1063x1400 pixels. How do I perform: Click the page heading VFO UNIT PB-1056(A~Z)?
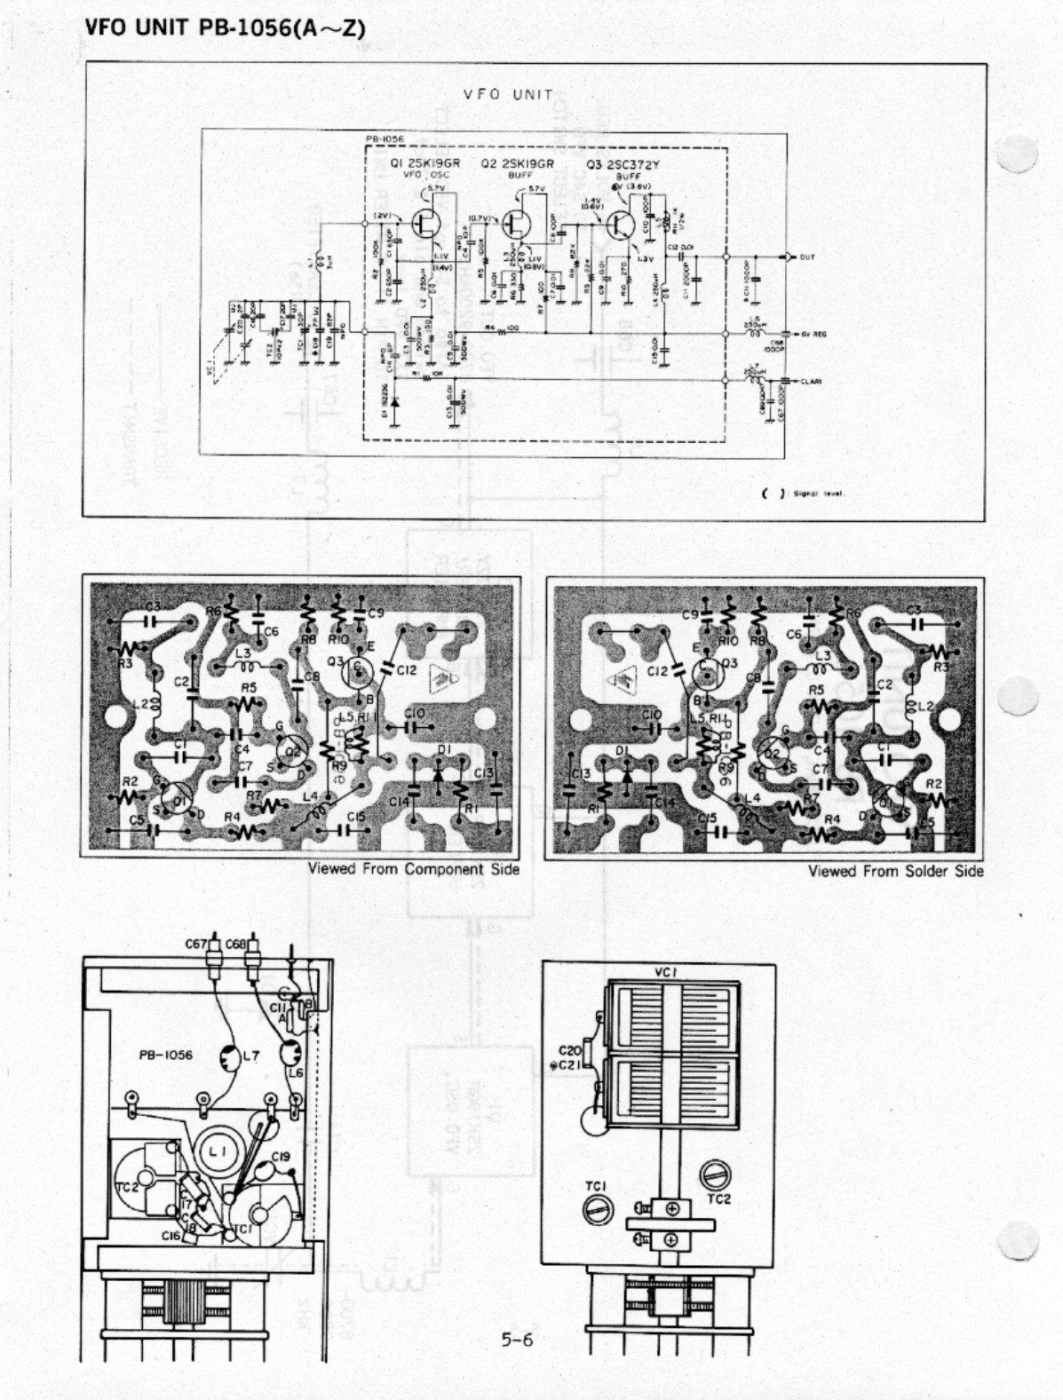pyautogui.click(x=225, y=28)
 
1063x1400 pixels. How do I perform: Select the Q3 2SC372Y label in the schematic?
pyautogui.click(x=623, y=164)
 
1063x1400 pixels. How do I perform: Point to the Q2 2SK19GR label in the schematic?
pyautogui.click(x=517, y=164)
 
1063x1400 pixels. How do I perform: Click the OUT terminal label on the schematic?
pyautogui.click(x=806, y=257)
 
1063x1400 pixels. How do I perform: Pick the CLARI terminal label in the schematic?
pyautogui.click(x=811, y=381)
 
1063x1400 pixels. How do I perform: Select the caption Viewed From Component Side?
pyautogui.click(x=413, y=868)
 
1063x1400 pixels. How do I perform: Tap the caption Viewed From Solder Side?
pyautogui.click(x=895, y=871)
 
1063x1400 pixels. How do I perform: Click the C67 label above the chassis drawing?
pyautogui.click(x=196, y=945)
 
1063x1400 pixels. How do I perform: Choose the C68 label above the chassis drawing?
pyautogui.click(x=236, y=945)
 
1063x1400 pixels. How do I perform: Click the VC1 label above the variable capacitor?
pyautogui.click(x=666, y=972)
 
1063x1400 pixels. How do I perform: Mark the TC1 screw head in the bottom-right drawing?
pyautogui.click(x=594, y=1208)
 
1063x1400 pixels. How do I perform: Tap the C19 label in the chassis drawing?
pyautogui.click(x=281, y=1156)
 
